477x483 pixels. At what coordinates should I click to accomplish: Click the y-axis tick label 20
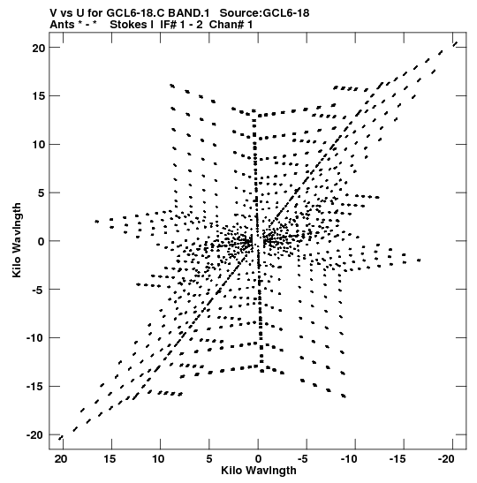point(39,48)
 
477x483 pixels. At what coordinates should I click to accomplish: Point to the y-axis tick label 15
point(39,96)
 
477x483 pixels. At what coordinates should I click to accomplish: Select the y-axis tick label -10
point(35,338)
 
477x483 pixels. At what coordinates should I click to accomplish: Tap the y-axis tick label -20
point(35,435)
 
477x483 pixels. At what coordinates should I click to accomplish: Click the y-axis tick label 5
point(42,192)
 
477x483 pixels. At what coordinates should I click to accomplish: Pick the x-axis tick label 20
point(61,459)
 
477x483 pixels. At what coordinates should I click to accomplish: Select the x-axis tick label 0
point(258,459)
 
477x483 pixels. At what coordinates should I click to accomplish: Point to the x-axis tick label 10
point(158,459)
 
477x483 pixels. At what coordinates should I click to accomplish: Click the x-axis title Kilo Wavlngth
point(259,471)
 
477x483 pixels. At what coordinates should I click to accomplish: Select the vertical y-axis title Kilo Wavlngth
point(17,240)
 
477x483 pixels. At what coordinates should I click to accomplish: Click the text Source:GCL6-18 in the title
point(264,13)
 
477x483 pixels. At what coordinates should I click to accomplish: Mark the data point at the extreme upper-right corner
point(455,44)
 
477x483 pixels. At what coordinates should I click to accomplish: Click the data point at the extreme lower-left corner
point(61,438)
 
